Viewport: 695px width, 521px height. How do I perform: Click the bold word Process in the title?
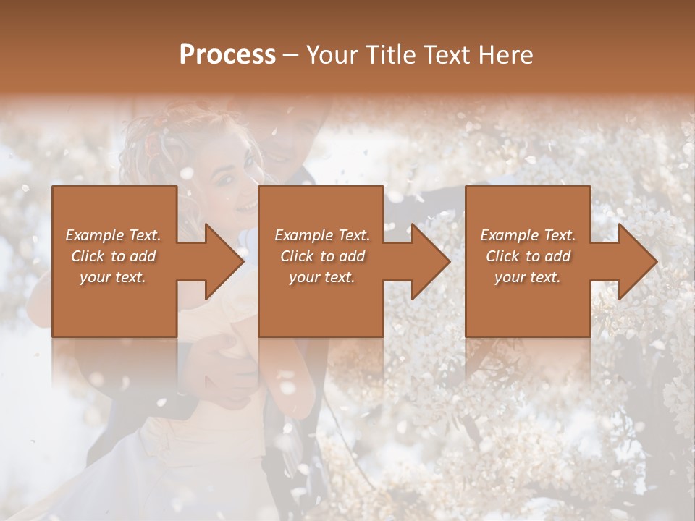(227, 55)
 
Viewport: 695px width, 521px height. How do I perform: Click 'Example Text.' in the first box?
(113, 235)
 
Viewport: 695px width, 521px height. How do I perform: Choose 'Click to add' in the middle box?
(322, 256)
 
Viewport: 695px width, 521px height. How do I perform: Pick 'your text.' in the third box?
(528, 277)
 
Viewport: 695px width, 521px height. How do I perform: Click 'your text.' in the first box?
(113, 277)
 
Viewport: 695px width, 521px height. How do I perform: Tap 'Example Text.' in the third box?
(528, 235)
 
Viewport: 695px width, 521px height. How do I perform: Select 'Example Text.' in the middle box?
(322, 235)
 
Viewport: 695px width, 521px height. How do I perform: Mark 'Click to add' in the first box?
(113, 256)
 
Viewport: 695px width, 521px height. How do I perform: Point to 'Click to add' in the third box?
(528, 256)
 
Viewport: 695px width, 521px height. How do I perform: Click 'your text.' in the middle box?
(322, 277)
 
